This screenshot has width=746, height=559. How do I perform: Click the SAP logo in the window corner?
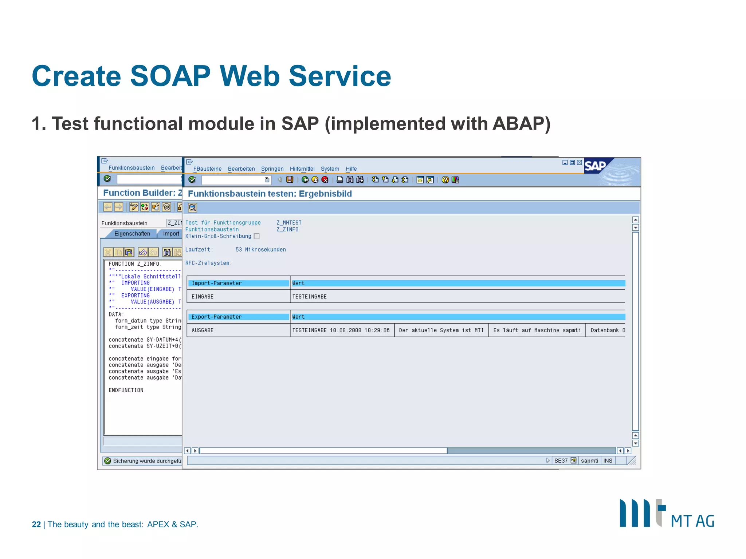click(595, 166)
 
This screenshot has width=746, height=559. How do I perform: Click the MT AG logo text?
click(692, 521)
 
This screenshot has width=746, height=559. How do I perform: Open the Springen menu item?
click(272, 169)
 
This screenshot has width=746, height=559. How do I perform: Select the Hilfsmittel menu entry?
click(302, 169)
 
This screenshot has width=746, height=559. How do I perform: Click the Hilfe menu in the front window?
click(351, 169)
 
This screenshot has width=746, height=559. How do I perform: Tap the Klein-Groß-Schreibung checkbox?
click(257, 236)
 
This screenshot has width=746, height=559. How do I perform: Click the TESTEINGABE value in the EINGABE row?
click(309, 297)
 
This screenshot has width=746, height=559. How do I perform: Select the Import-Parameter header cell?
click(238, 283)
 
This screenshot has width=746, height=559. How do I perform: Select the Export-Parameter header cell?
click(238, 317)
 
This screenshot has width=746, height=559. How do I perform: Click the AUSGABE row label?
click(203, 330)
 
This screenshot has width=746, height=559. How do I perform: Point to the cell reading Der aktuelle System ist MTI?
click(441, 330)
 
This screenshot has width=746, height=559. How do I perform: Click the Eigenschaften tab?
click(132, 234)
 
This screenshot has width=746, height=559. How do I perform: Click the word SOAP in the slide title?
click(170, 76)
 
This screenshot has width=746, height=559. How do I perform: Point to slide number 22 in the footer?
click(36, 524)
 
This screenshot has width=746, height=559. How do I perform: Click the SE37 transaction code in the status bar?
click(561, 461)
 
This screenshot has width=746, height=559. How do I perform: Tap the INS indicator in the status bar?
click(608, 461)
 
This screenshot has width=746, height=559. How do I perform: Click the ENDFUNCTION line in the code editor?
click(127, 390)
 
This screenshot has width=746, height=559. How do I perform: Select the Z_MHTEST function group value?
click(289, 223)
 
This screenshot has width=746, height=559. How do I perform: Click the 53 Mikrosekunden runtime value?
click(260, 250)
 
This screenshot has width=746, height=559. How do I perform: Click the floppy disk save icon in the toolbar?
click(290, 180)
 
